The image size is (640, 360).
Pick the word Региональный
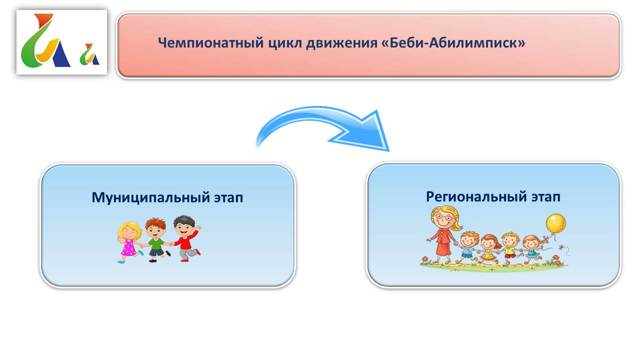(x=476, y=197)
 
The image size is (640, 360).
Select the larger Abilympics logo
(x=45, y=40)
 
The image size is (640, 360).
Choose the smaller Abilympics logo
(x=89, y=54)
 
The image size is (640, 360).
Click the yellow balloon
(x=555, y=223)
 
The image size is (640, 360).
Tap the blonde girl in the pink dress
(x=129, y=242)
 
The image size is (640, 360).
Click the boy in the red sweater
(x=186, y=238)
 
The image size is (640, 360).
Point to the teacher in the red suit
(x=443, y=234)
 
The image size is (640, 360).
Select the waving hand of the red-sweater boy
(x=197, y=227)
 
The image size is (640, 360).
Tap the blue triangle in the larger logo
(x=61, y=55)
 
